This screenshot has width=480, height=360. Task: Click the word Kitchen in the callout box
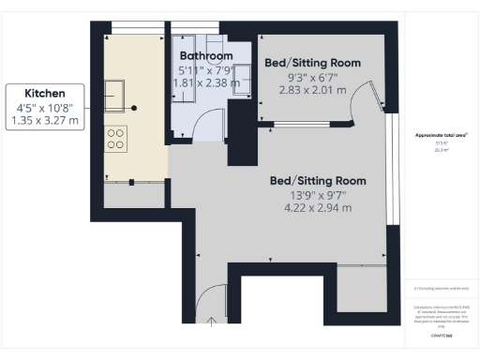[45, 94]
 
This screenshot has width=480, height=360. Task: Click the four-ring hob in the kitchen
[117, 139]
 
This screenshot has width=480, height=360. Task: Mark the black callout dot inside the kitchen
[134, 108]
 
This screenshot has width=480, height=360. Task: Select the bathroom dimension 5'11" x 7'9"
[207, 69]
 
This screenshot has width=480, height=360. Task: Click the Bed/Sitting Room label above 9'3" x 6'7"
[313, 63]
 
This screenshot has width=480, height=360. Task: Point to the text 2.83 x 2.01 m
[313, 90]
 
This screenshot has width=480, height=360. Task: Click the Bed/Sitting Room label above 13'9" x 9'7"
[317, 180]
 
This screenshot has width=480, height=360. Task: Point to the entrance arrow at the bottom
[212, 323]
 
